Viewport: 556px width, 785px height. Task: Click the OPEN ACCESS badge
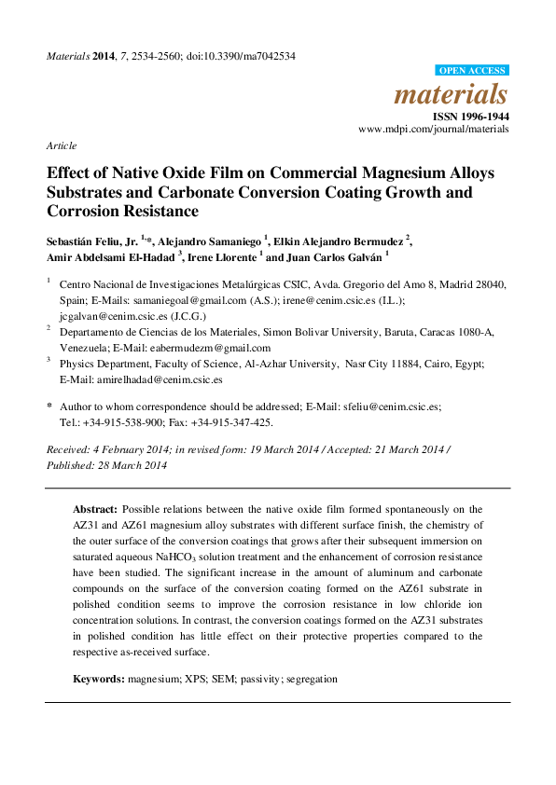click(473, 71)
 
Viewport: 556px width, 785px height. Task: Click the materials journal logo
click(452, 94)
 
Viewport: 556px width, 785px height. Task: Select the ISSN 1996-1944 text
click(472, 117)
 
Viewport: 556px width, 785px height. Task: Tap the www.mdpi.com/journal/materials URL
click(434, 130)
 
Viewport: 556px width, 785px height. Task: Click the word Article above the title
click(61, 146)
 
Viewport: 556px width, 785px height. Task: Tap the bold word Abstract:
click(95, 510)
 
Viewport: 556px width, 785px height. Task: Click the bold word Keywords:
click(100, 679)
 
